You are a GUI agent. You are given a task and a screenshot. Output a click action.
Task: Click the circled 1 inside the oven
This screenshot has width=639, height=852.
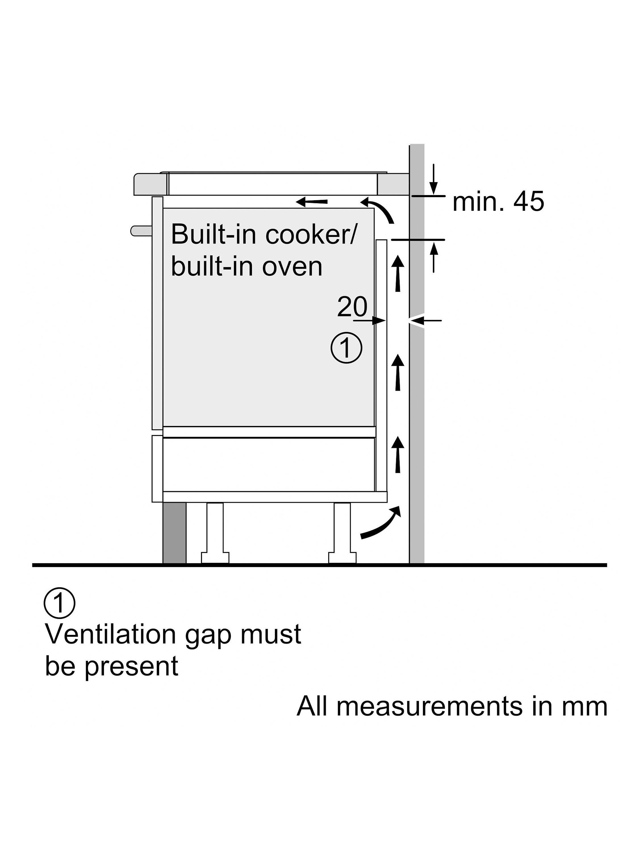(346, 348)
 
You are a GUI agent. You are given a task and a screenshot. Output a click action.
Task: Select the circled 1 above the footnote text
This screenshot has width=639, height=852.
(60, 603)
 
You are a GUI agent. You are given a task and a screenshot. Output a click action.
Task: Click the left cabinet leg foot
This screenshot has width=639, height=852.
(215, 557)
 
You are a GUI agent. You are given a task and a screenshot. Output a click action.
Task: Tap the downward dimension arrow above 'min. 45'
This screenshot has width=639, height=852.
(434, 179)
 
